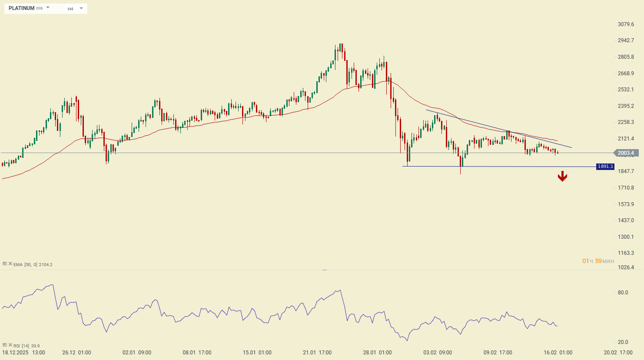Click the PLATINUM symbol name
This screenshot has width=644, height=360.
pyautogui.click(x=21, y=8)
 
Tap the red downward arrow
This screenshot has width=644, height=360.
pyautogui.click(x=562, y=176)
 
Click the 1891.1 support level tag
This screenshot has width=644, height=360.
pyautogui.click(x=605, y=167)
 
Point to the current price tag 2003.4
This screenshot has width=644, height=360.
pyautogui.click(x=626, y=153)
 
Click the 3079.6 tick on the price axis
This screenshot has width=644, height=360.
pyautogui.click(x=626, y=24)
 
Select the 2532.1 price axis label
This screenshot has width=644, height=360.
pyautogui.click(x=626, y=90)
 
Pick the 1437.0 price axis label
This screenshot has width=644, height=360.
pyautogui.click(x=626, y=220)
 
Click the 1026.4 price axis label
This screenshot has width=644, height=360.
pyautogui.click(x=626, y=267)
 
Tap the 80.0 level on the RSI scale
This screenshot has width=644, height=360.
pyautogui.click(x=623, y=293)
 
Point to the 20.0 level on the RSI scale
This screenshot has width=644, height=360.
pyautogui.click(x=623, y=343)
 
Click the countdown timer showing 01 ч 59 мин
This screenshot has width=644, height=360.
pyautogui.click(x=598, y=261)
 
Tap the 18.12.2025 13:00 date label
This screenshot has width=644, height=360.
pyautogui.click(x=23, y=353)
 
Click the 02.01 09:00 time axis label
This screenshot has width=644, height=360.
pyautogui.click(x=137, y=353)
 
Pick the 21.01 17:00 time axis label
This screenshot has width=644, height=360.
pyautogui.click(x=317, y=353)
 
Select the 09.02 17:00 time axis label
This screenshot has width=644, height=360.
pyautogui.click(x=498, y=353)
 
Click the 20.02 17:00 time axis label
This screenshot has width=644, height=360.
pyautogui.click(x=618, y=353)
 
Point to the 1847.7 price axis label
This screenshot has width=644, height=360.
pyautogui.click(x=626, y=171)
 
